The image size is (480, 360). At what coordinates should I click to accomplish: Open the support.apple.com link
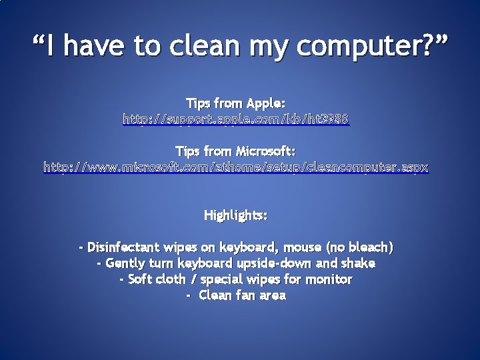236,120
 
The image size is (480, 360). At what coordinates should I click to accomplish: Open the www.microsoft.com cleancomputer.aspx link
236,168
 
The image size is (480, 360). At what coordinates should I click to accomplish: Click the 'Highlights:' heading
236,216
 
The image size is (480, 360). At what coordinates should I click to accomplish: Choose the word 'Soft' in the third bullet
139,279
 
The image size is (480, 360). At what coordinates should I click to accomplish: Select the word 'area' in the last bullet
272,295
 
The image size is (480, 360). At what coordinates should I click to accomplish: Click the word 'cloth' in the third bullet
171,279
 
